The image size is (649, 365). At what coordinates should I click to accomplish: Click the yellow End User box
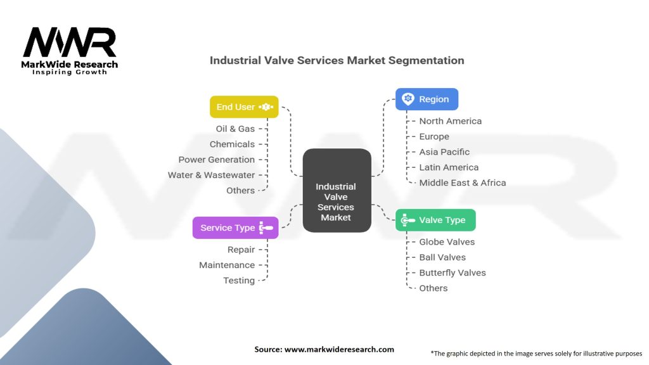pos(244,107)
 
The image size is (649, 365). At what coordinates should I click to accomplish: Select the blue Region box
pos(427,99)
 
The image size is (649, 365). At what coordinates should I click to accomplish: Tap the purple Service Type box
pos(235,228)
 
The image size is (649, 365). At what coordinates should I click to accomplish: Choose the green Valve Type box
pos(435,220)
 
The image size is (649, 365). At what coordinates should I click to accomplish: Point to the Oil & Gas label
pos(235,129)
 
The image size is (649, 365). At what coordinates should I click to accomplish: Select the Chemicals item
pos(232,144)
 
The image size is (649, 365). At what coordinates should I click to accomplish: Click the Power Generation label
pos(216,160)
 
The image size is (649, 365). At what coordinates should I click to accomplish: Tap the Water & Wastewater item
pos(211,175)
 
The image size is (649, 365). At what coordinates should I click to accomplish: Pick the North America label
pos(450,121)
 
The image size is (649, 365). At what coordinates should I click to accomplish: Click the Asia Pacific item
pos(444,152)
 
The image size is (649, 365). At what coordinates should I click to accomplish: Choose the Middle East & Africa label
pos(462,182)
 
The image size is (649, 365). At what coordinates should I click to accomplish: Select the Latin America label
pos(449,167)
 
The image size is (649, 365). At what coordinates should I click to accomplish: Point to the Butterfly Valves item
pos(453,272)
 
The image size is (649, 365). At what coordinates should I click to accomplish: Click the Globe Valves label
pos(447,242)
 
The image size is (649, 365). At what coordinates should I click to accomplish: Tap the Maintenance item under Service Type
pos(227,265)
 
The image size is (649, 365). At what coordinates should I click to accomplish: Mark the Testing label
pos(239,281)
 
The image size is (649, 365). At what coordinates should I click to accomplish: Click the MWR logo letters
pos(70,43)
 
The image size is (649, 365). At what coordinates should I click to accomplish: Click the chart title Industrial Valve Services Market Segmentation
pos(337,61)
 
